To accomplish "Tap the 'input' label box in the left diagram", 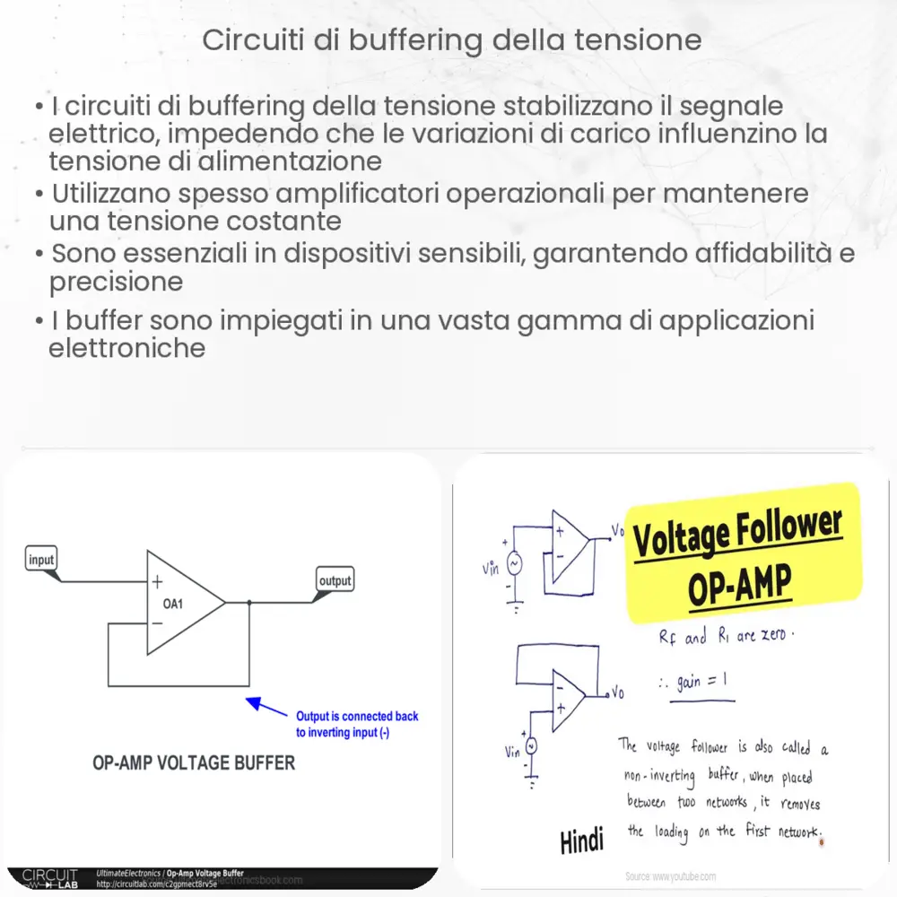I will [41, 560].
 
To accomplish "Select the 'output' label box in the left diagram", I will [335, 580].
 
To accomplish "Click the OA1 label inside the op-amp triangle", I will [173, 604].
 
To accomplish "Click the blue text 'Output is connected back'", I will [357, 716].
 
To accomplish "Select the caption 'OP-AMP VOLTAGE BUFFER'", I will [194, 763].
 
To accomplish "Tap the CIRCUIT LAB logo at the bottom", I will [49, 877].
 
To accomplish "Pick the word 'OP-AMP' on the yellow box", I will [740, 586].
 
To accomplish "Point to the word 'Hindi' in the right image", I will [582, 840].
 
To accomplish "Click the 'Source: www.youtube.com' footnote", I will [672, 875].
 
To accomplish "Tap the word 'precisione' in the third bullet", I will [117, 282].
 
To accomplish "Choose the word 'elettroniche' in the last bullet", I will [127, 348].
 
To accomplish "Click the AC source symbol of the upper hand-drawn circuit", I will [515, 562].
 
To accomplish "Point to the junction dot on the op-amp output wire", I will [248, 603].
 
